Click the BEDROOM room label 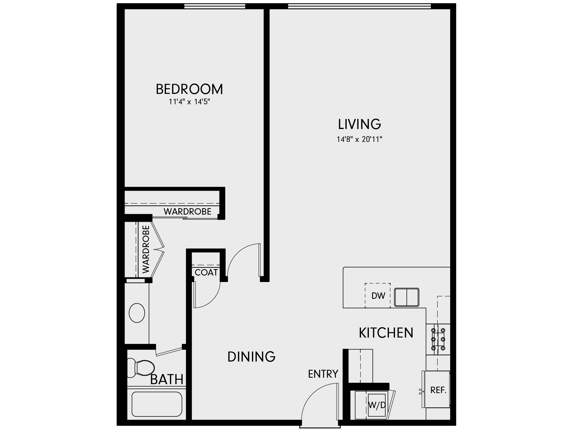pyautogui.click(x=189, y=89)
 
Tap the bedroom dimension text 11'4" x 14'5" pyautogui.click(x=189, y=102)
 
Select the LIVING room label pyautogui.click(x=360, y=124)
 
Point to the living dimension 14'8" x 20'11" pyautogui.click(x=360, y=139)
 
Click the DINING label pyautogui.click(x=251, y=357)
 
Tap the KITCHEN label pyautogui.click(x=386, y=333)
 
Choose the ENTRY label pyautogui.click(x=323, y=374)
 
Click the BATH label pyautogui.click(x=167, y=379)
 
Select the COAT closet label pyautogui.click(x=206, y=273)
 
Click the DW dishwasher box pyautogui.click(x=378, y=296)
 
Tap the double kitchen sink pyautogui.click(x=407, y=297)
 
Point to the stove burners pyautogui.click(x=438, y=339)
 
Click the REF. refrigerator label pyautogui.click(x=438, y=390)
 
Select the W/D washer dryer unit pyautogui.click(x=377, y=406)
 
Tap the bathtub pyautogui.click(x=157, y=404)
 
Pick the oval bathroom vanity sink pyautogui.click(x=136, y=313)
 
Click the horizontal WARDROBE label pyautogui.click(x=187, y=211)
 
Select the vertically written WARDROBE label pyautogui.click(x=146, y=249)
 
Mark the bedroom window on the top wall pyautogui.click(x=215, y=6)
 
